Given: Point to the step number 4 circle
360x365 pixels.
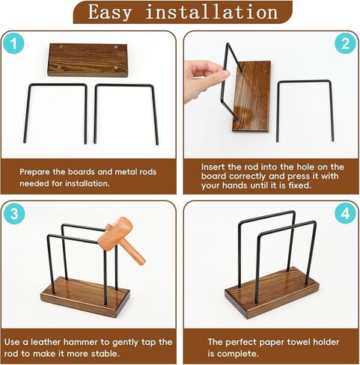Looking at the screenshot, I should pyautogui.click(x=344, y=213).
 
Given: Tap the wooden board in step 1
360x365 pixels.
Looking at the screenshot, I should pyautogui.click(x=88, y=59).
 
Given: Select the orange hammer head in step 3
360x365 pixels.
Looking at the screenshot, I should pyautogui.click(x=112, y=238).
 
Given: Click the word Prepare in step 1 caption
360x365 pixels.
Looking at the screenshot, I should pyautogui.click(x=36, y=171).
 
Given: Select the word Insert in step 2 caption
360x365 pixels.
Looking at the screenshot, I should pyautogui.click(x=217, y=166).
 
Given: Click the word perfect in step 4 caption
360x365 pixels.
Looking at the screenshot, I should pyautogui.click(x=246, y=341).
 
